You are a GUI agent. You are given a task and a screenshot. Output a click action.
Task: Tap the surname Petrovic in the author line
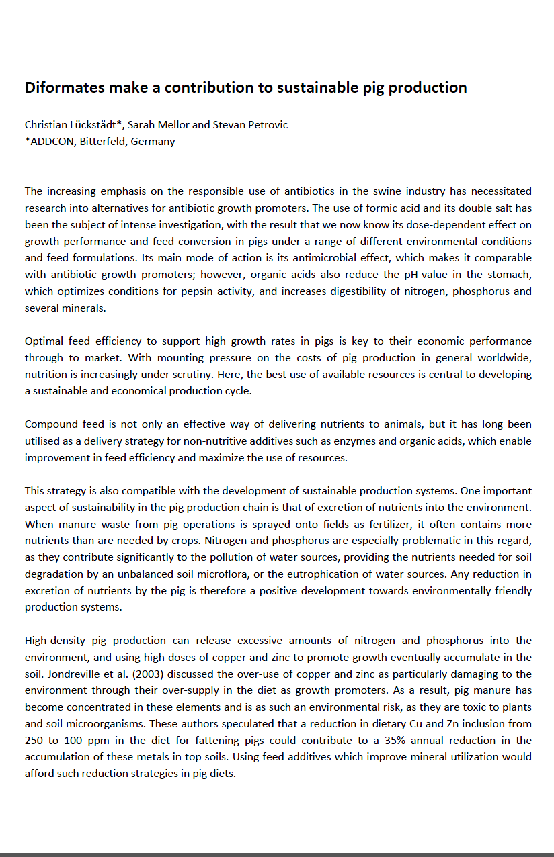coord(268,125)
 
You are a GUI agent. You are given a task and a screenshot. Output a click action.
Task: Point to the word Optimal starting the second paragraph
coord(44,341)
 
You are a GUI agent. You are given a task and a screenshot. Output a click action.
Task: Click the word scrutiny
coord(167,374)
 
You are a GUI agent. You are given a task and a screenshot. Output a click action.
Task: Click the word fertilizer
coord(280,524)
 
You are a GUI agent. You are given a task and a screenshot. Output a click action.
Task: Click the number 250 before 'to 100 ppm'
coord(34,740)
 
